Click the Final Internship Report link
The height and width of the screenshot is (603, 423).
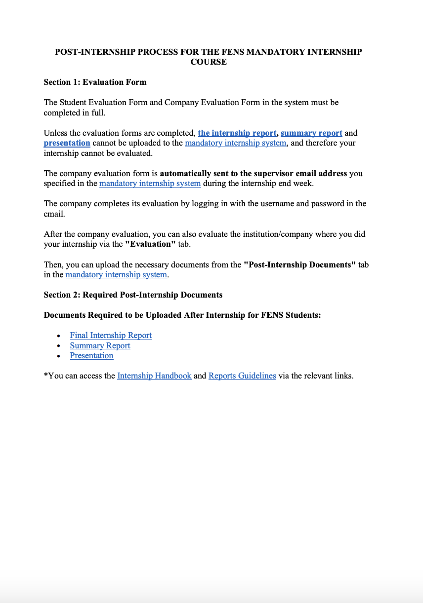[111, 336]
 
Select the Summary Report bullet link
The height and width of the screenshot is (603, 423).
[100, 346]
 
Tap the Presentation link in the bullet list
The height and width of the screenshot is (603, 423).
[91, 356]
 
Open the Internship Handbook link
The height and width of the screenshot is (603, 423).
[154, 376]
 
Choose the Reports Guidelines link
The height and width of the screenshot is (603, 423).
[242, 376]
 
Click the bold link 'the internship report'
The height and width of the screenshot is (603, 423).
[237, 133]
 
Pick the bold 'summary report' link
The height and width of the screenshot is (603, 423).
[311, 133]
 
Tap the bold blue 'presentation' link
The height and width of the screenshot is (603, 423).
[67, 143]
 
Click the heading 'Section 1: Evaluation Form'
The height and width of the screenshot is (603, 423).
[95, 82]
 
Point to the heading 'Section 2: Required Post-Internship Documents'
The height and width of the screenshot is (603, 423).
[133, 295]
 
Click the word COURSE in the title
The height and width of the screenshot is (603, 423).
[209, 62]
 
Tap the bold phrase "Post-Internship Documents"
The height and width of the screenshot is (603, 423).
[300, 265]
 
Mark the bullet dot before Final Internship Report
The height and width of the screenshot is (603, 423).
[59, 336]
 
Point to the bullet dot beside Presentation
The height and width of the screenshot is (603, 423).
[59, 356]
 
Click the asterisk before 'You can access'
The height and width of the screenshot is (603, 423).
[45, 376]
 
